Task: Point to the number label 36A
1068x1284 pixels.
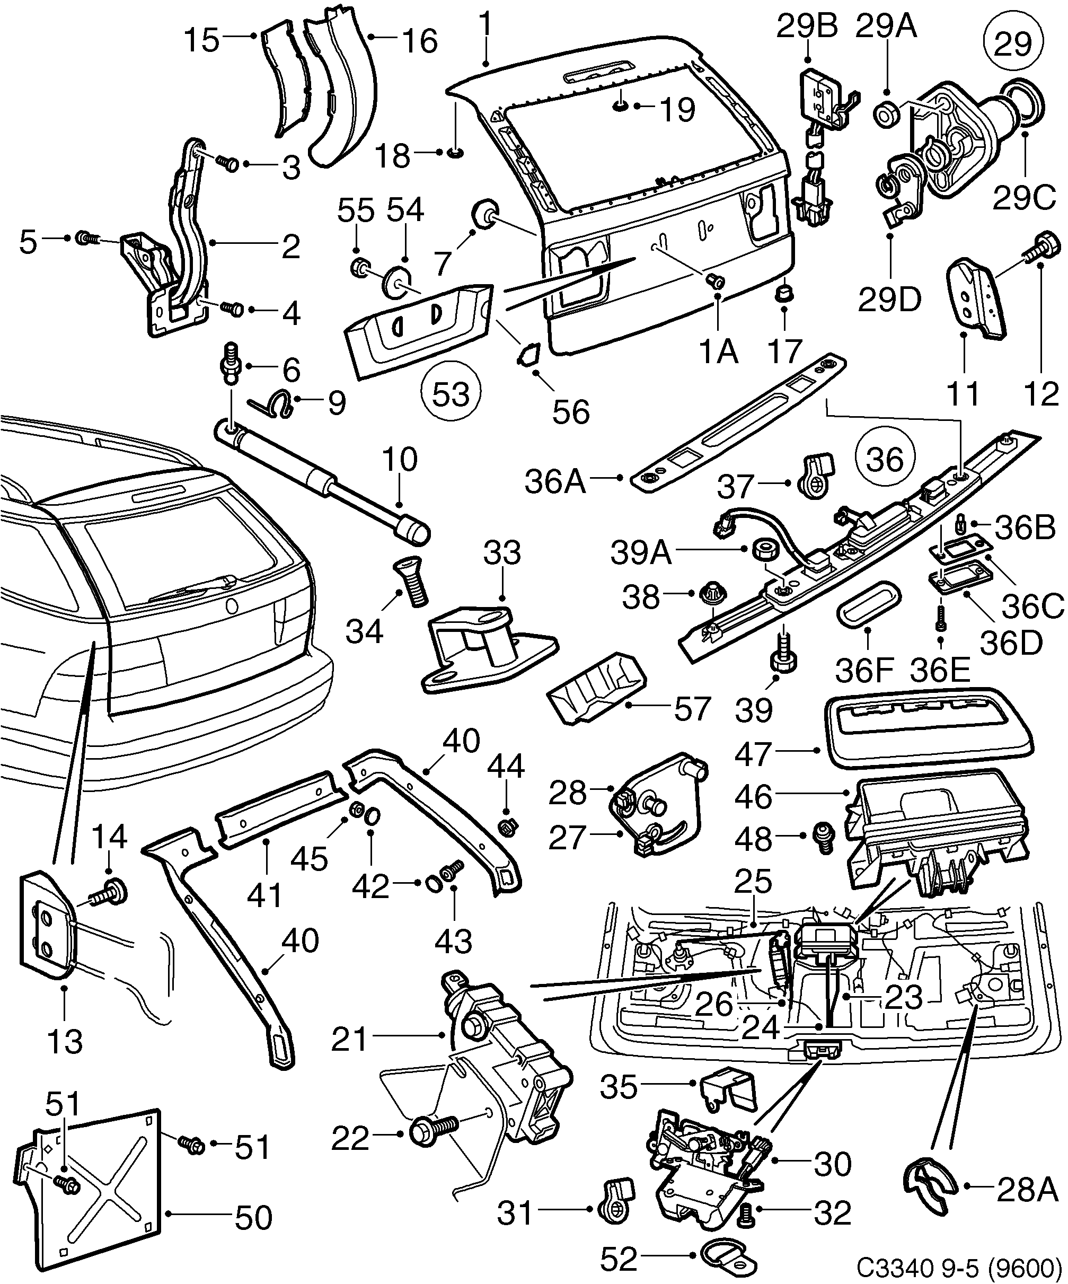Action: [555, 483]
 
